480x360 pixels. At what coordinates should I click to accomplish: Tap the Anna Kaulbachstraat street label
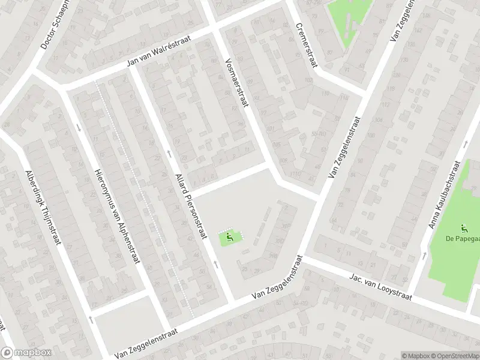pyautogui.click(x=443, y=195)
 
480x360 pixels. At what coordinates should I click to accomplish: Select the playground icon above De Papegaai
pyautogui.click(x=463, y=227)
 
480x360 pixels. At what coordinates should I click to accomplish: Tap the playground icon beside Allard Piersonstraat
pyautogui.click(x=229, y=239)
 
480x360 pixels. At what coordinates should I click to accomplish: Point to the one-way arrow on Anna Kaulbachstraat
pyautogui.click(x=425, y=256)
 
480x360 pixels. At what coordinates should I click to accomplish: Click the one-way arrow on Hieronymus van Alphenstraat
pyautogui.click(x=79, y=127)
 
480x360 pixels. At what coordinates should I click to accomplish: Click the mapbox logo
pyautogui.click(x=26, y=353)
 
